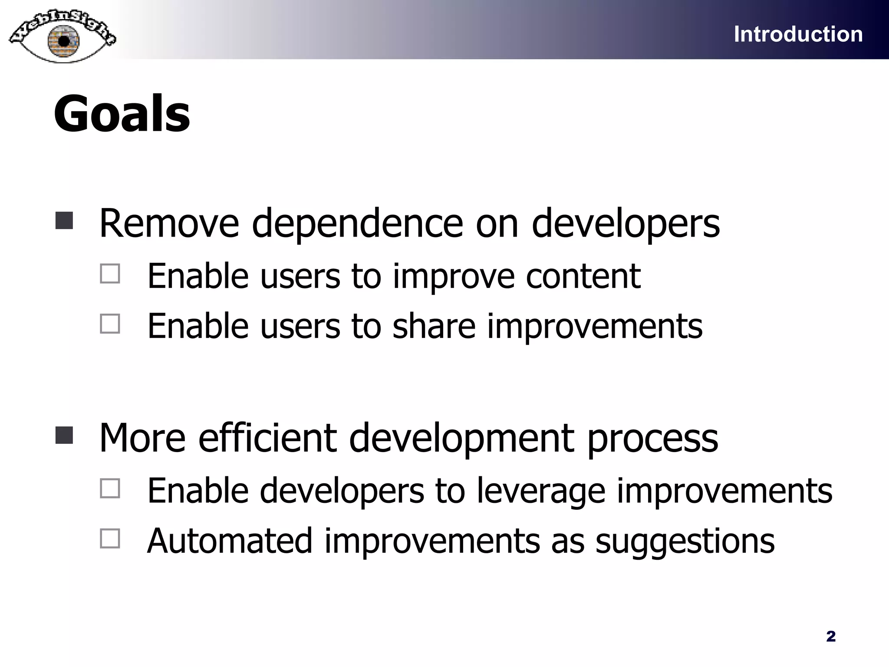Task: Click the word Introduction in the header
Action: pyautogui.click(x=798, y=34)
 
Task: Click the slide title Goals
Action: pyautogui.click(x=122, y=114)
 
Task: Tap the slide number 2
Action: pyautogui.click(x=831, y=636)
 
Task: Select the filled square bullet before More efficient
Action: pyautogui.click(x=64, y=435)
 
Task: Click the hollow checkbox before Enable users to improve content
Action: pyautogui.click(x=110, y=274)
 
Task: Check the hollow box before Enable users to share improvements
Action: pyautogui.click(x=110, y=324)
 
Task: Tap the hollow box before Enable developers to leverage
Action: pyautogui.click(x=110, y=489)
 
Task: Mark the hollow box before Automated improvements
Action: pyautogui.click(x=110, y=538)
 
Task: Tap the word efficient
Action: pyautogui.click(x=267, y=438)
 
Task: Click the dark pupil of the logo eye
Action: pyautogui.click(x=64, y=41)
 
